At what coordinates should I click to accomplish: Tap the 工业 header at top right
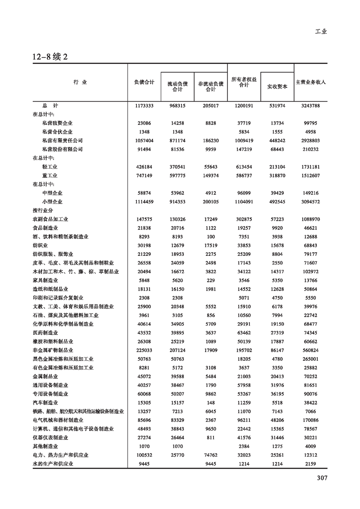[321, 32]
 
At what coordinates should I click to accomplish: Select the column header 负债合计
[144, 83]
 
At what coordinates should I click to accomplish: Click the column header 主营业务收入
[311, 83]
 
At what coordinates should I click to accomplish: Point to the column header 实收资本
[277, 86]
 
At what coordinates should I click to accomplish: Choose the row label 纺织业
[40, 246]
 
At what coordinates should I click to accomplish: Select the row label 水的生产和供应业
[53, 464]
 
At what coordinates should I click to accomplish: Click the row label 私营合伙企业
[57, 132]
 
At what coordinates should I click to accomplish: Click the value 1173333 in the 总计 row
[144, 106]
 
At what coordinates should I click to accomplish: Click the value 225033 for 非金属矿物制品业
[144, 350]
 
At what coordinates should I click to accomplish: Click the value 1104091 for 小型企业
[244, 202]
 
